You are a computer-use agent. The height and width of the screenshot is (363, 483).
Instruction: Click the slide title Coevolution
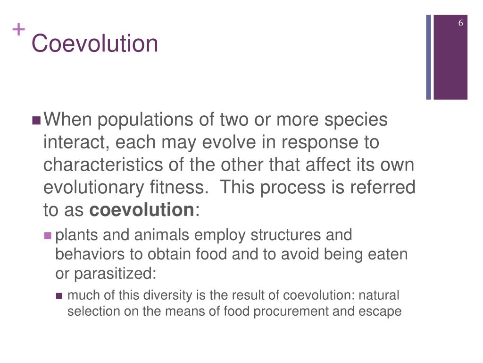(94, 44)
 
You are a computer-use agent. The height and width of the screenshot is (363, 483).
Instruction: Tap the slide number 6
(461, 24)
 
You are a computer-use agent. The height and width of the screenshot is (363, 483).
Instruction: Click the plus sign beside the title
(18, 30)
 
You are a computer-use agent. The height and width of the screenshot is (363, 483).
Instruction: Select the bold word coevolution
(142, 209)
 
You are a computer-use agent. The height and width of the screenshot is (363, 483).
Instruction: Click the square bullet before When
(36, 121)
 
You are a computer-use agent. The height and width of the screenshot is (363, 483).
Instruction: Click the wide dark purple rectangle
(450, 57)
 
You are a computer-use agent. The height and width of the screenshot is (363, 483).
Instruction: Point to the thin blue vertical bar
(429, 57)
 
